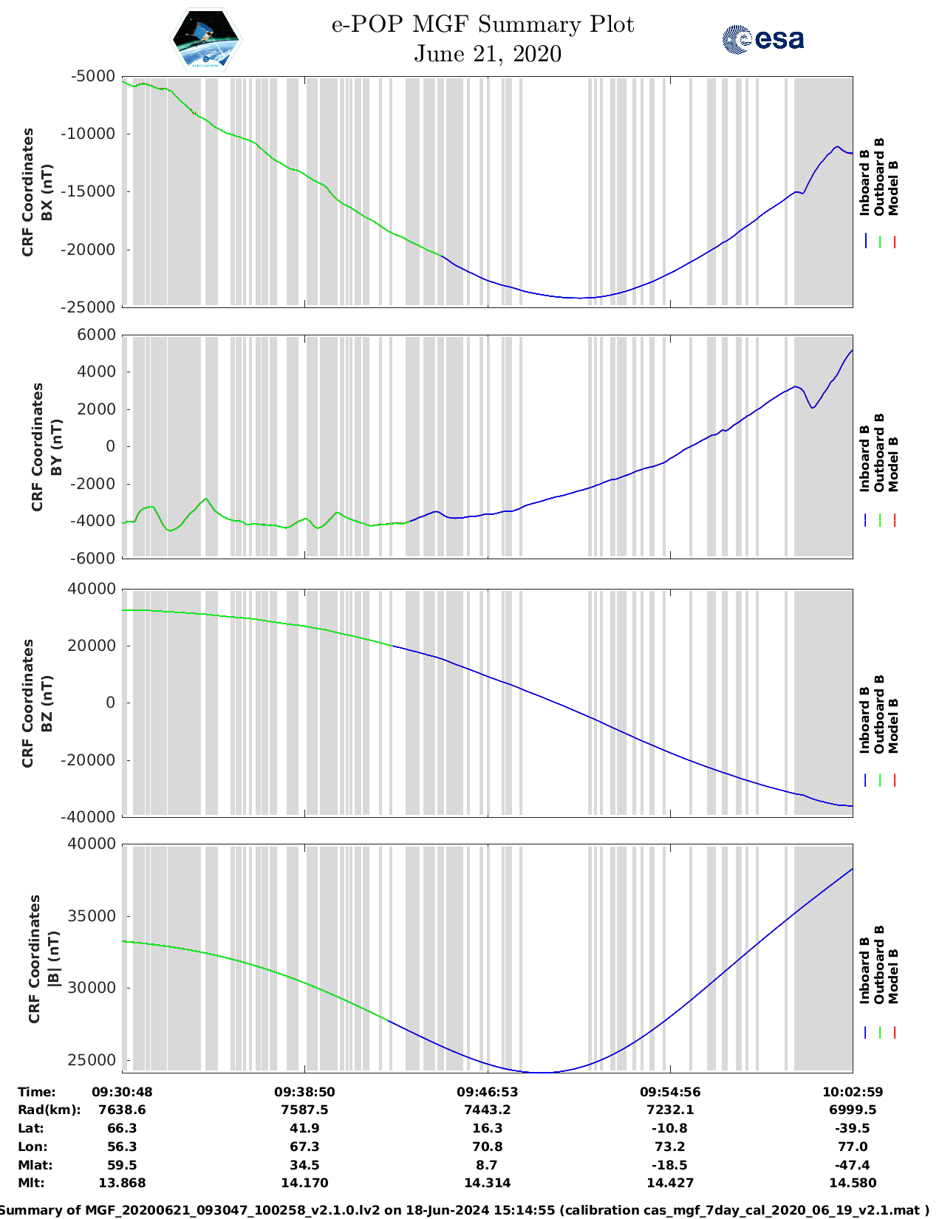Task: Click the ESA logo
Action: click(762, 39)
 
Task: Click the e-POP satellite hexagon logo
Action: click(206, 40)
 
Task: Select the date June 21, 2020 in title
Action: click(487, 54)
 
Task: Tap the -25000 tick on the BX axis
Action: click(93, 307)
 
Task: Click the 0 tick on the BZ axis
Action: click(111, 703)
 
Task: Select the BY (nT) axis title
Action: click(56, 446)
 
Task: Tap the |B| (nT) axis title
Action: click(53, 959)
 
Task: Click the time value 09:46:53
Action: click(487, 1092)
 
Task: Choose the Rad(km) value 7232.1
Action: click(669, 1110)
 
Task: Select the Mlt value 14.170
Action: click(304, 1183)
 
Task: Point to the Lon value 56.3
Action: click(122, 1147)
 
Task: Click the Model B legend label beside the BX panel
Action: click(893, 188)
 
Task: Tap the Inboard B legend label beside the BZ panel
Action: click(864, 720)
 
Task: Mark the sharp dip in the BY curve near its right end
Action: click(813, 407)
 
